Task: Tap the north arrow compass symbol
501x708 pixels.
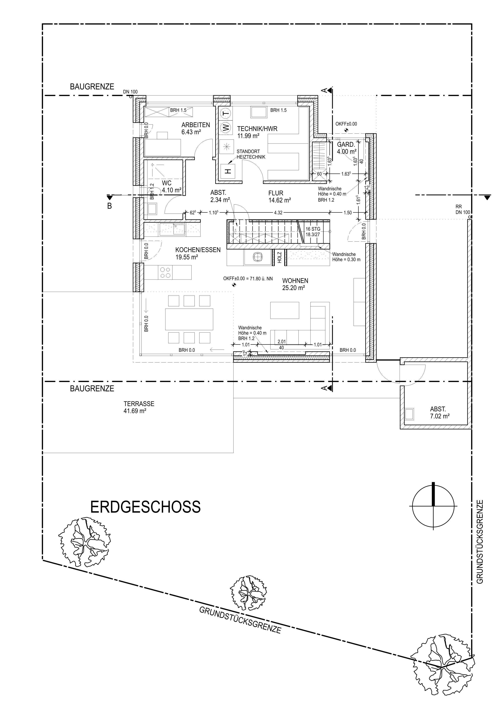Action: click(433, 506)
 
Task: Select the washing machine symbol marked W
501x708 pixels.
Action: click(226, 127)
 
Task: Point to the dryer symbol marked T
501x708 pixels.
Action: click(226, 114)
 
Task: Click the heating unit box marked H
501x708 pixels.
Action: click(228, 171)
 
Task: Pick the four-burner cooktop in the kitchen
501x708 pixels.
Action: click(166, 272)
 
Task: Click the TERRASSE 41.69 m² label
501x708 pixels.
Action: click(139, 407)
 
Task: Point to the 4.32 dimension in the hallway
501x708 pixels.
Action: click(278, 213)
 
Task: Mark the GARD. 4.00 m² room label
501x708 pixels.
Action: click(347, 148)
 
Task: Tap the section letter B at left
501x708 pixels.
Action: click(109, 206)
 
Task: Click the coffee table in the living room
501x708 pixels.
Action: click(285, 310)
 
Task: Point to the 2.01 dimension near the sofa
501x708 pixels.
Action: click(282, 341)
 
